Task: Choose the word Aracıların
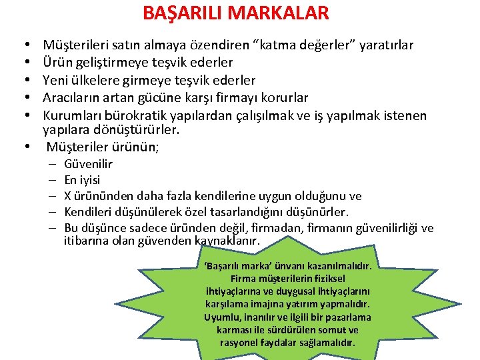coord(72,98)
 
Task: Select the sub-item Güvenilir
coord(88,164)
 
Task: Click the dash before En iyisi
coord(52,180)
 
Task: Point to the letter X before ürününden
coord(68,196)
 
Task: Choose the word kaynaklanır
coord(227,241)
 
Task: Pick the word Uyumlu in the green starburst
coord(221,317)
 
